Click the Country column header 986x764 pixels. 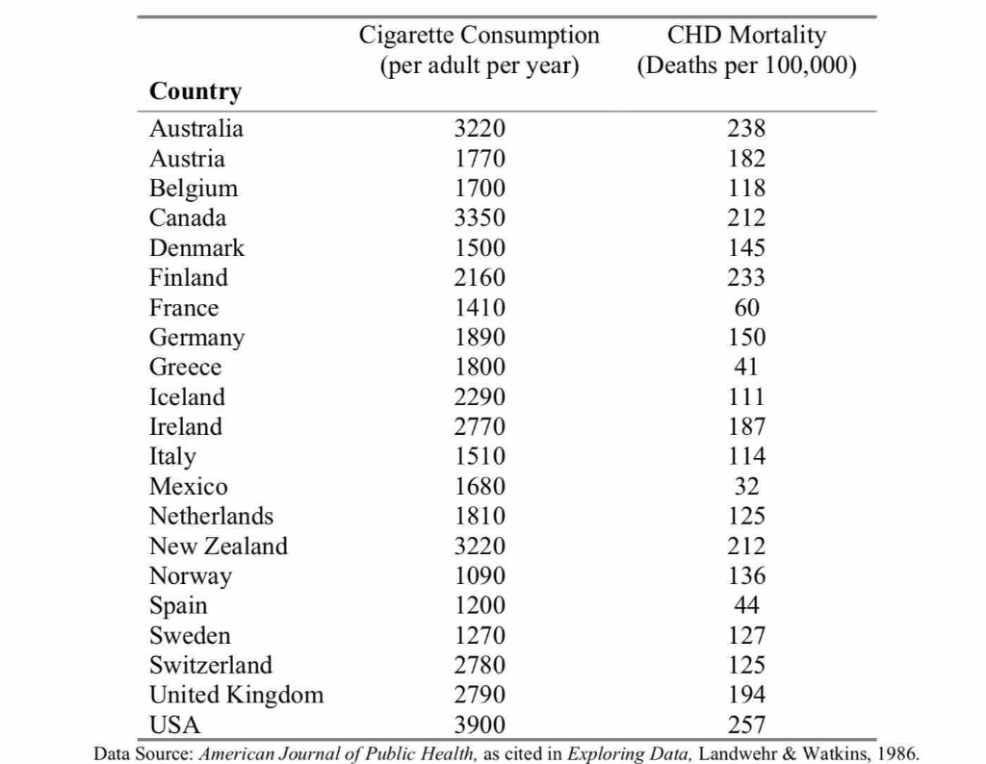195,91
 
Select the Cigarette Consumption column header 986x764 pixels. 480,50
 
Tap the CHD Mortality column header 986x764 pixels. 746,50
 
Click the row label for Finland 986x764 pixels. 189,278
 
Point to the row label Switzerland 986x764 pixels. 211,665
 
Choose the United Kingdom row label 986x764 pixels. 237,695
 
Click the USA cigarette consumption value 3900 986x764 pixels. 480,725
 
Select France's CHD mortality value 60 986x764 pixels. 746,307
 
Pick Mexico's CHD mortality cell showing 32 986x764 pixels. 746,486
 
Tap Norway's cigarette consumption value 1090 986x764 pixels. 480,575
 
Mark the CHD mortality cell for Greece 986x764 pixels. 746,367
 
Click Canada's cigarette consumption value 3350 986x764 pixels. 480,218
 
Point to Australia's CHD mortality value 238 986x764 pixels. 746,128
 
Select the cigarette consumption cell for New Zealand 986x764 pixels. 480,546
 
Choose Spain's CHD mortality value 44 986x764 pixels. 746,605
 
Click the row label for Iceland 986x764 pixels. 187,396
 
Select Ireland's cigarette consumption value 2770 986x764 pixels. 480,426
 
